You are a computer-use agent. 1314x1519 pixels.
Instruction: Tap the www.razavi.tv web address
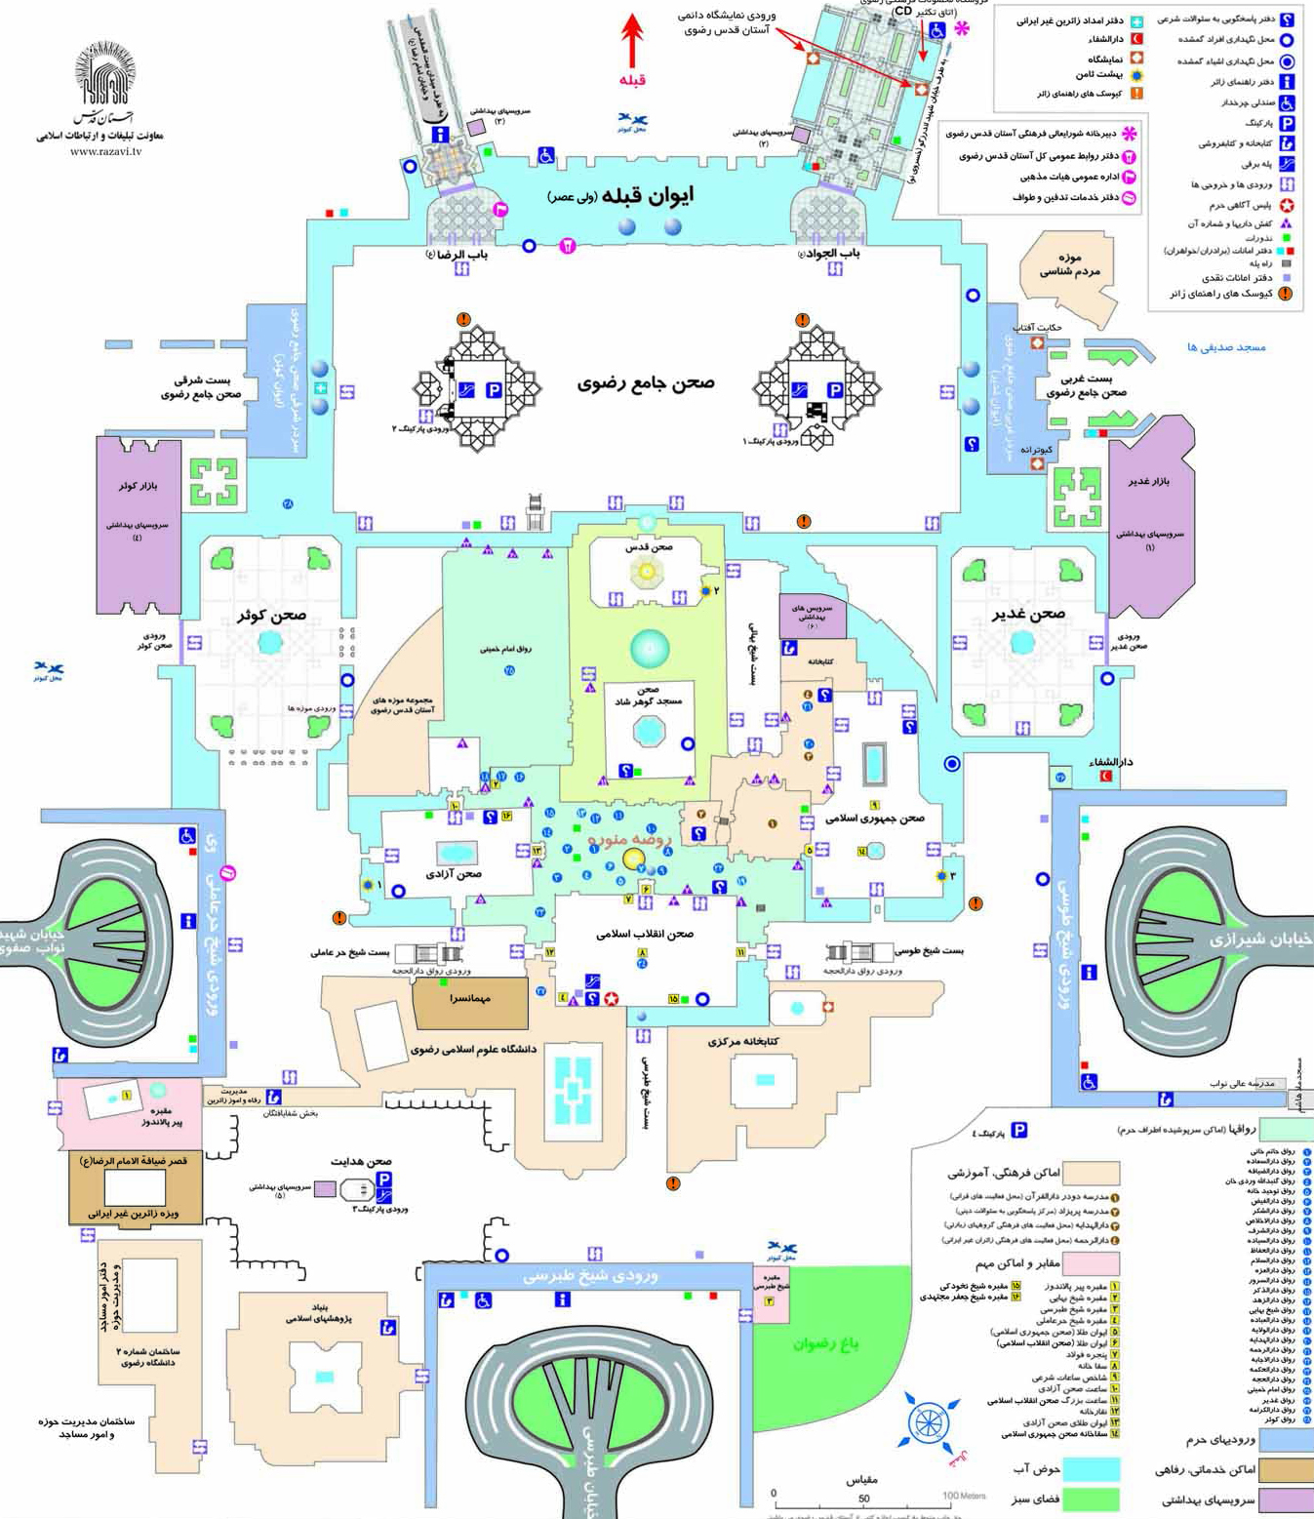(x=105, y=151)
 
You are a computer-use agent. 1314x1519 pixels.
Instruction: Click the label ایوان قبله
(x=646, y=196)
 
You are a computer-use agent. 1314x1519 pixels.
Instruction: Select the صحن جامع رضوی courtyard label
(x=646, y=382)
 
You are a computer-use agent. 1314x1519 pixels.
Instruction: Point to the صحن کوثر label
(x=271, y=615)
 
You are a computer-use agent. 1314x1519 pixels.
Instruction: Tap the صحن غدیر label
(x=1028, y=614)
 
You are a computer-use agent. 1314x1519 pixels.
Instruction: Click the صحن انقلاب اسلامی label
(x=645, y=934)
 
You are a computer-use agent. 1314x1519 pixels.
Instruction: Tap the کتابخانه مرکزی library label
(x=743, y=1041)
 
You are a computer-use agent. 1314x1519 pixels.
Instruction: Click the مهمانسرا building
(x=470, y=999)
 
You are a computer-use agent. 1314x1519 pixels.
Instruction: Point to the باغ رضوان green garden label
(x=825, y=1343)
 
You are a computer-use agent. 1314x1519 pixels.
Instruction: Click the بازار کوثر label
(x=138, y=485)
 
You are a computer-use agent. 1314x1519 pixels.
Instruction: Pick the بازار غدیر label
(x=1148, y=481)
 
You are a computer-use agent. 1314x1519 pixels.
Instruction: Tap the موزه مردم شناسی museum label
(x=1069, y=264)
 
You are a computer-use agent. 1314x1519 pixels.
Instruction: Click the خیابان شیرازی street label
(x=1260, y=939)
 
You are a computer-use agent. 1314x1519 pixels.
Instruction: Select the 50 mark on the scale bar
(x=863, y=1499)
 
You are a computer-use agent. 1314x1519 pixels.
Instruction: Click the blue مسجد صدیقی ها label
(x=1226, y=347)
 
